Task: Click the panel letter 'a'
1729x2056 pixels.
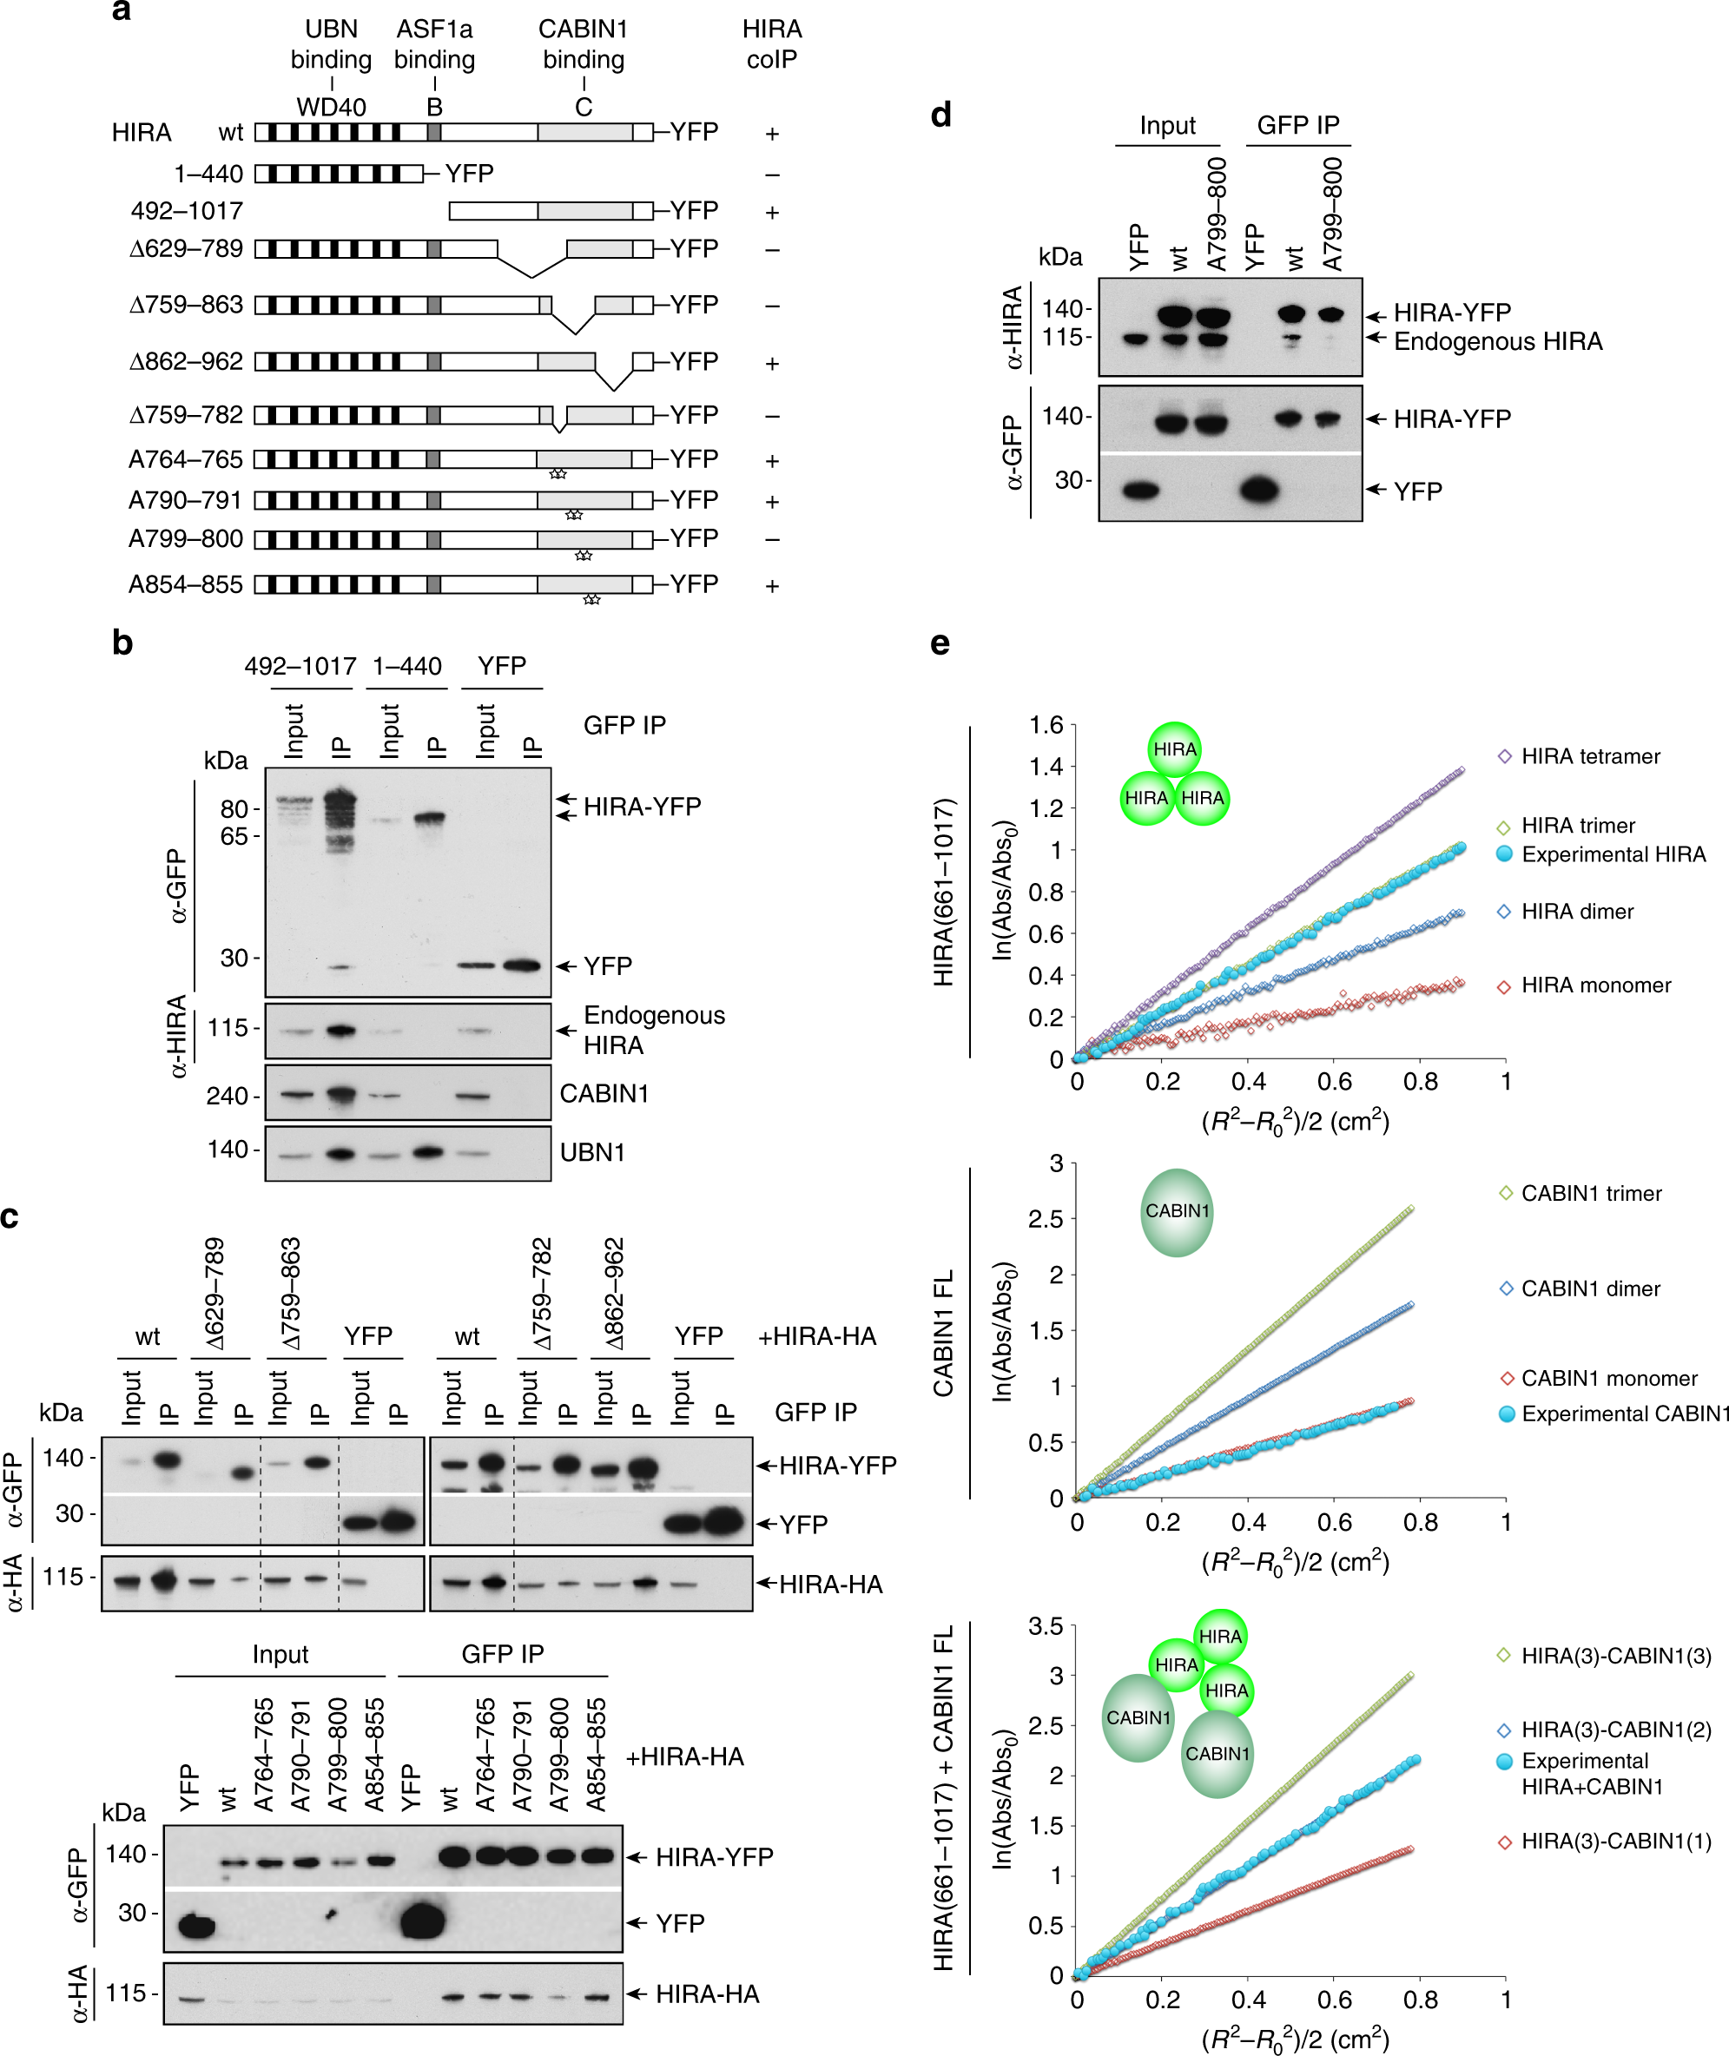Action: [121, 13]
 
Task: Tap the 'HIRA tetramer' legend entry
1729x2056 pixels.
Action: [1590, 756]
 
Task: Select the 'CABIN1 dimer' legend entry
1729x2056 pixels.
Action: [1590, 1288]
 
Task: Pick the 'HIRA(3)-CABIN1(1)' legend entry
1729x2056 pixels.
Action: [1615, 1842]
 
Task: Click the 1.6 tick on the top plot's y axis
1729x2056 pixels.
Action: [1046, 726]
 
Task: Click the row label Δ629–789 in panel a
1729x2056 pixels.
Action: [186, 249]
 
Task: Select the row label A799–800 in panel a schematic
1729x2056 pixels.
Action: [185, 539]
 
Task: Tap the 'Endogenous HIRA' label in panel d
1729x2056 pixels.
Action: [1498, 341]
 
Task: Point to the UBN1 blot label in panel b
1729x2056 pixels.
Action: [592, 1152]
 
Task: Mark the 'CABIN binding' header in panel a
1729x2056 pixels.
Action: [584, 44]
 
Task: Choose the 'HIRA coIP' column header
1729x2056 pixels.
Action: [771, 44]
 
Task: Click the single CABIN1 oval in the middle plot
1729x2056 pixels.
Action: [1178, 1212]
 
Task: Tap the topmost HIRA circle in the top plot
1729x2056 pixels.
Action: [1174, 749]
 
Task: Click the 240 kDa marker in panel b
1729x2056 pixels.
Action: [227, 1096]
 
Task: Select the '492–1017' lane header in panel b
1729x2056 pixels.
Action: [300, 667]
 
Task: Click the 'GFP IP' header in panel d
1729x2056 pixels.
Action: [1297, 125]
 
